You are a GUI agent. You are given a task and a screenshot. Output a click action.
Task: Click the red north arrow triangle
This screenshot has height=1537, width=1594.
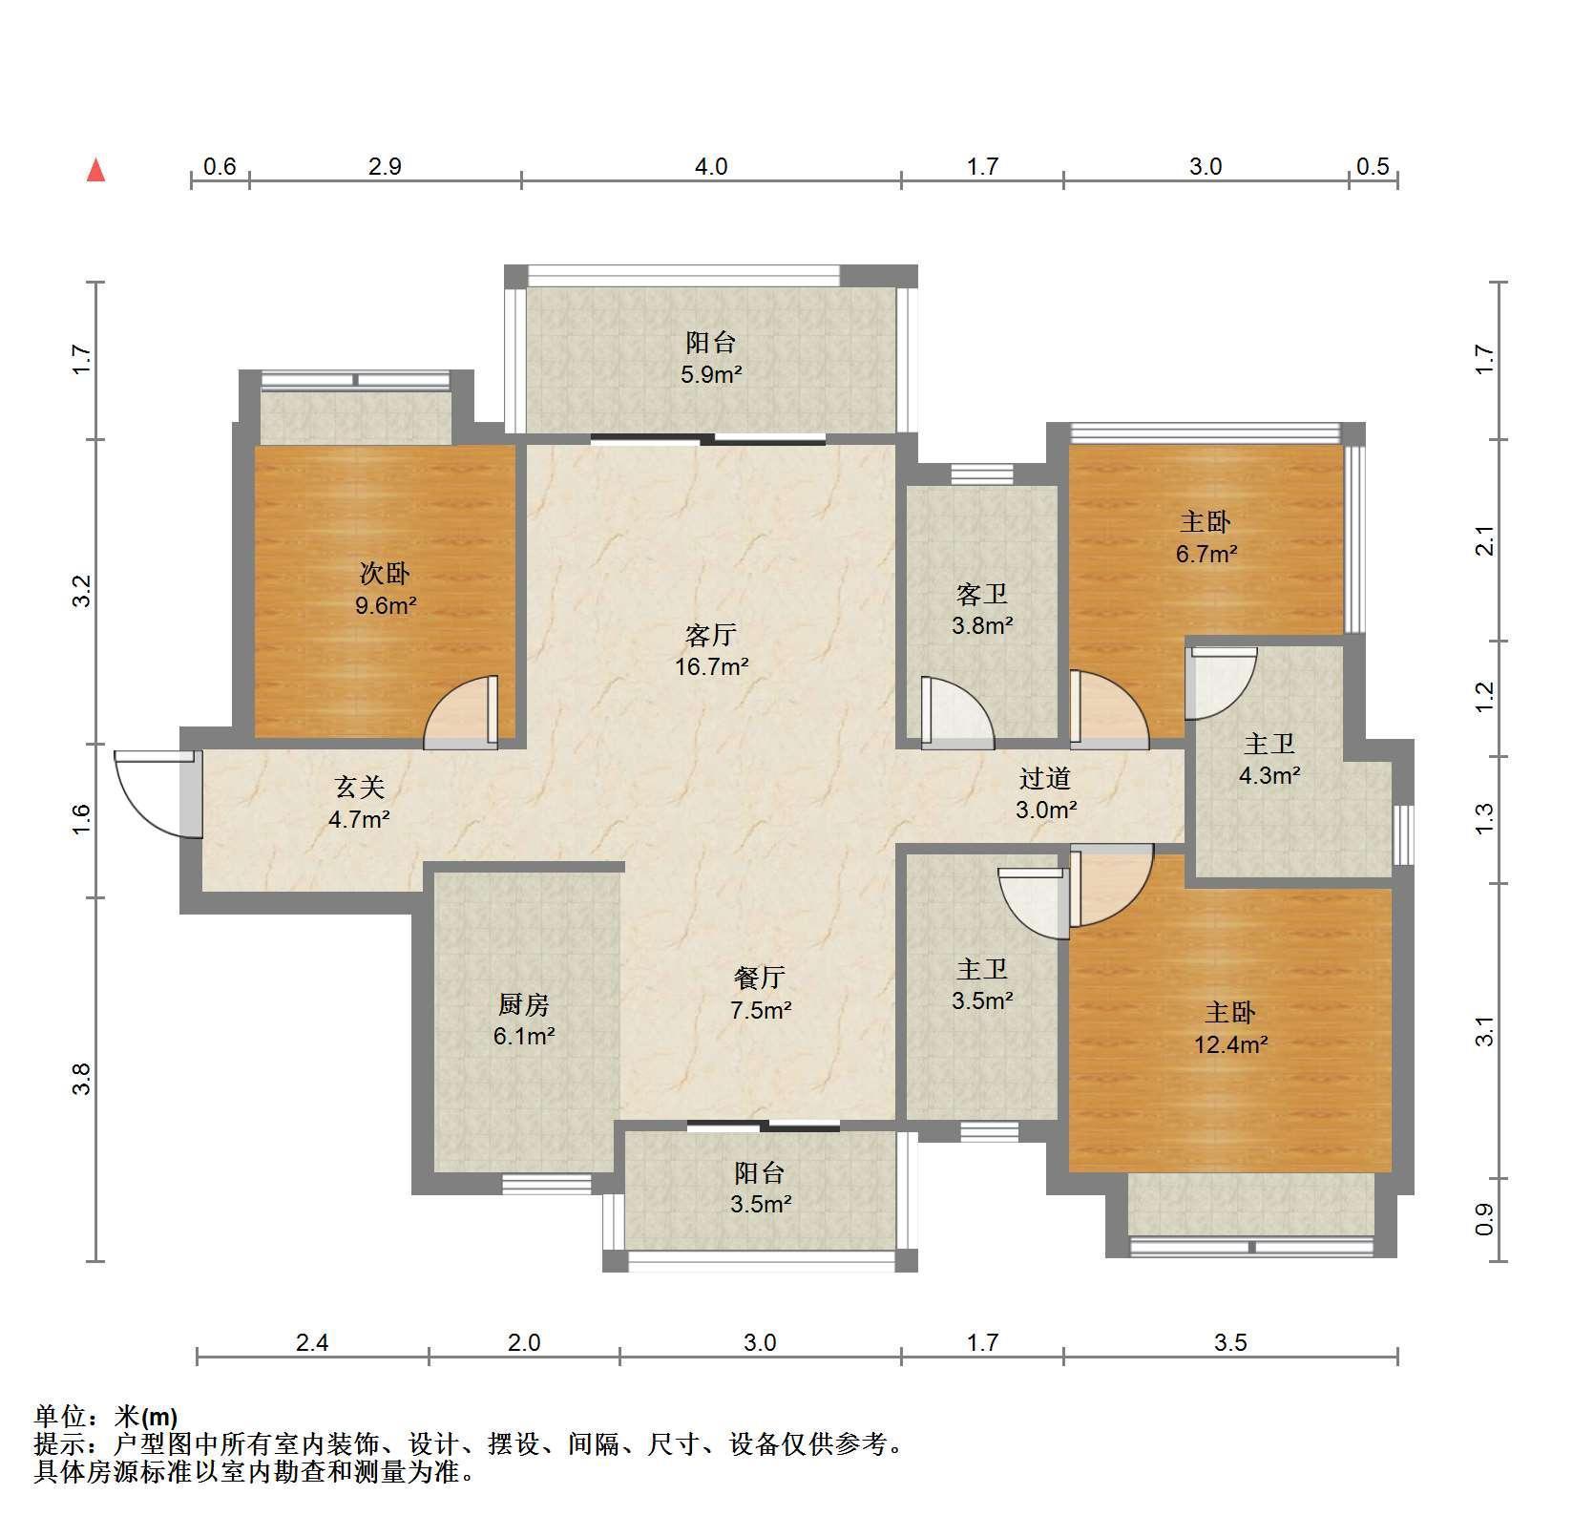(x=95, y=171)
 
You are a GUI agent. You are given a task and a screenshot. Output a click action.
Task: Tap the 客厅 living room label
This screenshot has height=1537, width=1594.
(x=711, y=635)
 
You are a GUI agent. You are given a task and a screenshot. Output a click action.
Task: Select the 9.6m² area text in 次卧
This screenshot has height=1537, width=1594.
(x=386, y=604)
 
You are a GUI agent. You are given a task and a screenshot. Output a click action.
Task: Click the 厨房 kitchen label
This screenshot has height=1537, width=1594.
(x=524, y=1004)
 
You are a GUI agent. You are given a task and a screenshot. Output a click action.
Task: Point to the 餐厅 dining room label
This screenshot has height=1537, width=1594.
(x=760, y=978)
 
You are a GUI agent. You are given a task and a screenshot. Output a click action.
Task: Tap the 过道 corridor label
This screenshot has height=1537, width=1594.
(x=1045, y=778)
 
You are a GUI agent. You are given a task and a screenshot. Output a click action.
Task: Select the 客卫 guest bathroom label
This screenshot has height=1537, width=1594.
(x=982, y=595)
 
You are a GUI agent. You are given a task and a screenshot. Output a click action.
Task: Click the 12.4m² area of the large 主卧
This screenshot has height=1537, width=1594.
(x=1230, y=1044)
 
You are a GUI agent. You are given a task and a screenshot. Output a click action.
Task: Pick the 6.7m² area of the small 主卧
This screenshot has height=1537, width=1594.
(x=1206, y=554)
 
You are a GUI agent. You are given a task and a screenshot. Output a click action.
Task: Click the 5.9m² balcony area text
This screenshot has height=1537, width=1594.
(x=711, y=374)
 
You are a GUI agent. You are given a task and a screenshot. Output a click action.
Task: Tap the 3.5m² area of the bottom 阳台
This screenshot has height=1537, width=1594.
(x=761, y=1205)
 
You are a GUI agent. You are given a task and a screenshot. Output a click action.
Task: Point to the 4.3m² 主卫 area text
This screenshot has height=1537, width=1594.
(x=1269, y=776)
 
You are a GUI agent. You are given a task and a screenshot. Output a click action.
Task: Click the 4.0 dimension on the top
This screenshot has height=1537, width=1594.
(x=711, y=167)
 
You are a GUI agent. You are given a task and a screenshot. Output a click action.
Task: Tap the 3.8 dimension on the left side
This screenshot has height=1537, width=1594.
(x=82, y=1079)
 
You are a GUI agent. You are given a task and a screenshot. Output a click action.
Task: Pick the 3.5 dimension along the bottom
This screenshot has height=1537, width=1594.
(x=1230, y=1343)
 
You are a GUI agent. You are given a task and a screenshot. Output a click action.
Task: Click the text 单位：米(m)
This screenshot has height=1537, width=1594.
(x=106, y=1417)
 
